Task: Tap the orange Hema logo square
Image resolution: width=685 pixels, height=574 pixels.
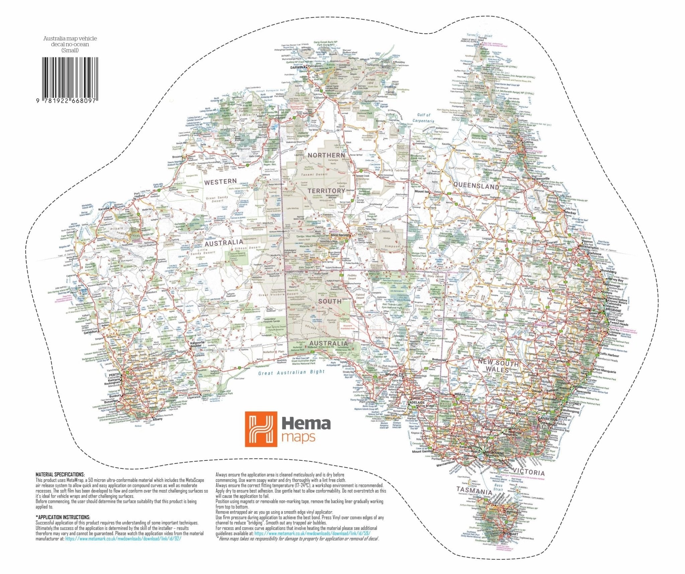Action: point(261,429)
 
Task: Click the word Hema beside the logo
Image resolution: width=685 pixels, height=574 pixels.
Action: point(306,424)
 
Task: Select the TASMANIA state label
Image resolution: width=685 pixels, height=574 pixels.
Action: point(474,491)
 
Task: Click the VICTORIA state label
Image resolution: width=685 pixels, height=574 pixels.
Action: point(528,472)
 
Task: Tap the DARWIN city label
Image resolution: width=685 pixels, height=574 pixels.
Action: point(296,67)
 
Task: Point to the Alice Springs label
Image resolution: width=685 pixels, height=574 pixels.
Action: point(339,235)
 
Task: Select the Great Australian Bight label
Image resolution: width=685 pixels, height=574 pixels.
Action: point(291,372)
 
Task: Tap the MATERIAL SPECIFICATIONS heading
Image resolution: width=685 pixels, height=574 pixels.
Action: point(60,474)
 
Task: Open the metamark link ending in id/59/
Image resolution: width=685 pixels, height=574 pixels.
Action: point(312,534)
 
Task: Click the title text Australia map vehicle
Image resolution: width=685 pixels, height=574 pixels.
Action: point(70,38)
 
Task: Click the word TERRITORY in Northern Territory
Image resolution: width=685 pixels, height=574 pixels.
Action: point(326,191)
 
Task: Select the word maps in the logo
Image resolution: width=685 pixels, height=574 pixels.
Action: point(298,437)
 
